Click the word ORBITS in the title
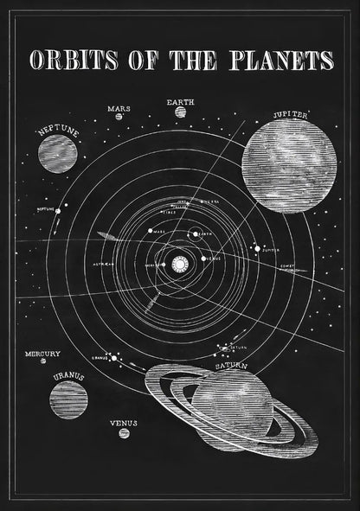pos(73,60)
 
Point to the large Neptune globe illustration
pos(57,153)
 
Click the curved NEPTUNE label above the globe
pos(57,131)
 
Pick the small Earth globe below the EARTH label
pos(180,112)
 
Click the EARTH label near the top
pos(180,102)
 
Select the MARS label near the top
pos(119,109)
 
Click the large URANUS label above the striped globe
pos(67,375)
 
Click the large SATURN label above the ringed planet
pos(232,367)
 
